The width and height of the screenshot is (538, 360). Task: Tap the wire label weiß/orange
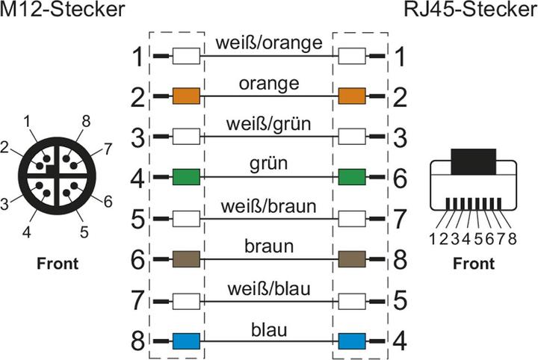point(269,43)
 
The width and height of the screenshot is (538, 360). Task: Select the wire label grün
point(269,164)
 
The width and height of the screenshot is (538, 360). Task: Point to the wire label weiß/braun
point(269,205)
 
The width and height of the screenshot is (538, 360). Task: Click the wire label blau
point(269,329)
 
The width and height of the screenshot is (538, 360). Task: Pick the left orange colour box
point(185,96)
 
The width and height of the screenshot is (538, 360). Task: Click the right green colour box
point(351,177)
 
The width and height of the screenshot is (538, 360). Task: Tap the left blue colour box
point(185,342)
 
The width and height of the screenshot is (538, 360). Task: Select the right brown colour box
point(351,259)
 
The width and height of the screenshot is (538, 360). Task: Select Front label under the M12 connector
point(58,263)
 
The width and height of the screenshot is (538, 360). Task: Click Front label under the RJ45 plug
point(474,263)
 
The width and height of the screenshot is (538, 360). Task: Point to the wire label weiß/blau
point(269,288)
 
